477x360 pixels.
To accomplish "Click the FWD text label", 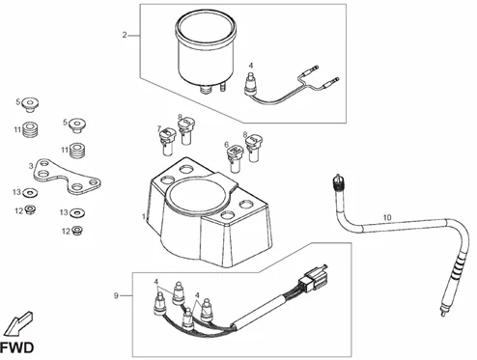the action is click(x=17, y=348).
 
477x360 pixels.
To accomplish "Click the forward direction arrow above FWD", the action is click(x=19, y=323).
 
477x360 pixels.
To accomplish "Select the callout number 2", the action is click(x=125, y=35).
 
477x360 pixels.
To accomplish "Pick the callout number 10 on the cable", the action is click(x=387, y=217).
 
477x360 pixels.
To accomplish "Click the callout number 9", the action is click(x=116, y=295).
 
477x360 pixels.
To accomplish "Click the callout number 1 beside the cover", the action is click(x=144, y=216).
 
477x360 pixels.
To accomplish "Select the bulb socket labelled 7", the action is click(x=168, y=142).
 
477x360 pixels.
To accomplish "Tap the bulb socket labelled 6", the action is click(x=236, y=158).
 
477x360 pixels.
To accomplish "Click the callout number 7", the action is click(x=159, y=129).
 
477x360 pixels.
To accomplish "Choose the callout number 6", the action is click(x=227, y=145).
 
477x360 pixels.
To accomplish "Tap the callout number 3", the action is click(x=31, y=166).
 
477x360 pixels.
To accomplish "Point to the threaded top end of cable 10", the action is click(x=338, y=182).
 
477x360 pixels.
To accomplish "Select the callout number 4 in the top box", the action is click(x=251, y=66).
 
